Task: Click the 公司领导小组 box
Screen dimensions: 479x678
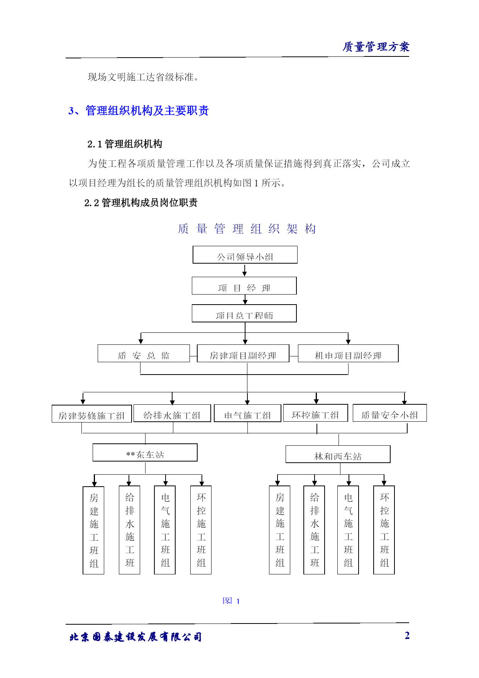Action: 245,255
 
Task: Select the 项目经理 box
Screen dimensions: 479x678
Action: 244,286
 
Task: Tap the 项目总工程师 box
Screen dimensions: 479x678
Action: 244,313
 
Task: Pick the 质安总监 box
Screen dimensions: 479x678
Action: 144,353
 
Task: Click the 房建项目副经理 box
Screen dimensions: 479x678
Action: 243,353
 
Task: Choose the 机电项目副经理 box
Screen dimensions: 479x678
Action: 348,353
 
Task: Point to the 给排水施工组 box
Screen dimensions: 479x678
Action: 172,413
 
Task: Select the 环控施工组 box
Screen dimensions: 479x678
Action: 316,413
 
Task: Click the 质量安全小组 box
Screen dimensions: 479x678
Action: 390,413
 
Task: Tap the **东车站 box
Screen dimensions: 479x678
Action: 145,452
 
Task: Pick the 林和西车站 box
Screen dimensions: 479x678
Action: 338,454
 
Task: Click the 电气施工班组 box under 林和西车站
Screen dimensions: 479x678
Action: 348,530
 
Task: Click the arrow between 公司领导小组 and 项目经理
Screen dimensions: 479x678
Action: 244,270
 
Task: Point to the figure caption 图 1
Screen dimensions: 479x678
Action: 231,601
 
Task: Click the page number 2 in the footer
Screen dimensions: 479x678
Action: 407,635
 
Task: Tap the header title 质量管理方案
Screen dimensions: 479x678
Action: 376,47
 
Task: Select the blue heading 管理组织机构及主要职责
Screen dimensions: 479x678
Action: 147,111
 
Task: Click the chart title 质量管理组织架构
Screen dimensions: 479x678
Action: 247,229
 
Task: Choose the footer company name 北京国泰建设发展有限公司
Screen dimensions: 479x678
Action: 135,637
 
